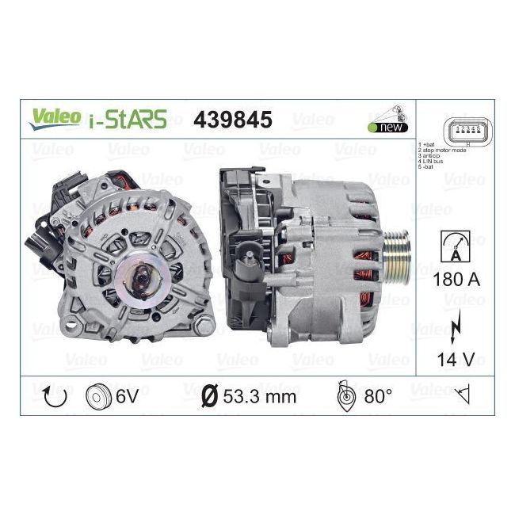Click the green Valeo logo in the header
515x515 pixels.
[x=55, y=116]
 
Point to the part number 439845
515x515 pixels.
[x=233, y=119]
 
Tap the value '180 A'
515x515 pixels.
[x=457, y=280]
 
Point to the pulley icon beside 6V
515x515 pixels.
[x=97, y=395]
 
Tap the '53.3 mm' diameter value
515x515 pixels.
[x=258, y=395]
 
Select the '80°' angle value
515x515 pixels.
[x=377, y=395]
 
